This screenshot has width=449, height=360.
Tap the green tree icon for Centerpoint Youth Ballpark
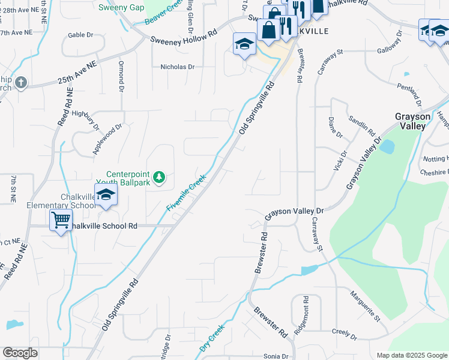click(x=158, y=177)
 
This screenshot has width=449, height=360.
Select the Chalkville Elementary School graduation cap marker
click(x=106, y=196)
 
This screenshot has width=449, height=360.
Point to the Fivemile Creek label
click(x=186, y=193)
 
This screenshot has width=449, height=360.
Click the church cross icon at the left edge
click(x=21, y=83)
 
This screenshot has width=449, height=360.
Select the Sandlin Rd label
click(x=362, y=124)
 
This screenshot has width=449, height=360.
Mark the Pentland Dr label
click(x=412, y=93)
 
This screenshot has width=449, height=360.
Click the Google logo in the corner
click(x=20, y=353)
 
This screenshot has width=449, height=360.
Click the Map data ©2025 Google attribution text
click(x=412, y=355)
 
